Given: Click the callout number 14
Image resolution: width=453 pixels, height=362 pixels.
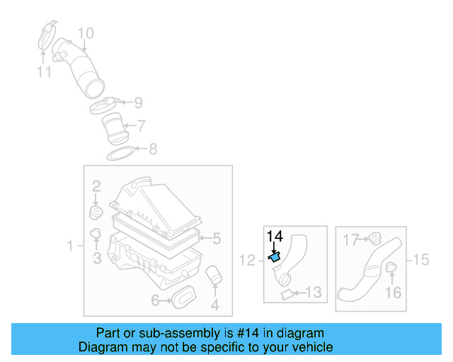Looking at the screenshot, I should [x=275, y=236].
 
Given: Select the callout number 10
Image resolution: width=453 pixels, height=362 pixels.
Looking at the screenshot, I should [x=85, y=33].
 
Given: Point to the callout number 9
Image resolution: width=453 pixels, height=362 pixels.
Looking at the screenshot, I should [x=138, y=103].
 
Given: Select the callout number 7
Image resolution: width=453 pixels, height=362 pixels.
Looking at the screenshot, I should [x=141, y=127].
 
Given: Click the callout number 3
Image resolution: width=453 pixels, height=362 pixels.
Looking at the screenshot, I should [x=97, y=259].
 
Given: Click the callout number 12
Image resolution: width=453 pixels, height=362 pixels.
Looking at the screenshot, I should [x=246, y=261].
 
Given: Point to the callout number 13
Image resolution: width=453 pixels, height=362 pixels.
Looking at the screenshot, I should [x=314, y=292].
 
